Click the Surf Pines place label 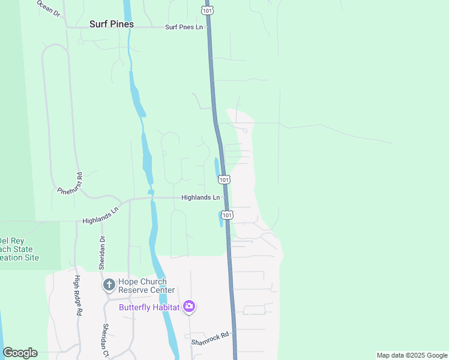(x=111, y=25)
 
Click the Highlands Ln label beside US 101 (x=200, y=197)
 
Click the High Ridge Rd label (x=77, y=296)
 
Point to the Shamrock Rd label (x=211, y=338)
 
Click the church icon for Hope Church (x=109, y=284)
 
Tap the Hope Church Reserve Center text (x=146, y=286)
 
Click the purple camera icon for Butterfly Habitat (x=189, y=307)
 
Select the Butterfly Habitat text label (x=149, y=307)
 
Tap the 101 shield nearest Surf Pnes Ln (x=206, y=11)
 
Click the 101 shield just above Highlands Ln (x=224, y=179)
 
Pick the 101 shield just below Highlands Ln (x=227, y=214)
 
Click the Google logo (x=20, y=353)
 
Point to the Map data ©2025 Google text (x=411, y=355)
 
